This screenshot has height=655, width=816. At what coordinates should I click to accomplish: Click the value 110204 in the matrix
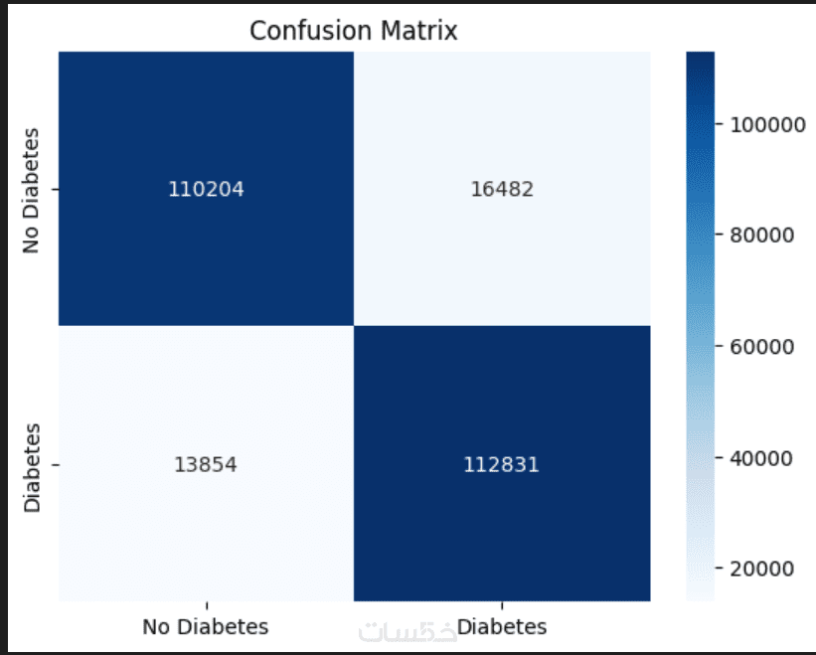(206, 189)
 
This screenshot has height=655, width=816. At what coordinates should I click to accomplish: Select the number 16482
(502, 189)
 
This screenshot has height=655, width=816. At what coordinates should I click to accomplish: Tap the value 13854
(206, 464)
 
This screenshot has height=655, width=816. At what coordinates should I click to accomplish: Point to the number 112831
(502, 464)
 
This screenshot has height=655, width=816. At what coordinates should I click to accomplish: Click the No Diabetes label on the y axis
(33, 189)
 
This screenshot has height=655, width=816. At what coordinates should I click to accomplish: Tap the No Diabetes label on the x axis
(206, 627)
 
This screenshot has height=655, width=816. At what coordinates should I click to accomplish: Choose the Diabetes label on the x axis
(502, 627)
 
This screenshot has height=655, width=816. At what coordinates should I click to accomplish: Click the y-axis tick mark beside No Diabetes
(55, 189)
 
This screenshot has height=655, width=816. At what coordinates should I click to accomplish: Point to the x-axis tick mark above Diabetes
(502, 605)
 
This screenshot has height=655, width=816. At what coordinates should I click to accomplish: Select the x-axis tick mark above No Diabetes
(206, 605)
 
